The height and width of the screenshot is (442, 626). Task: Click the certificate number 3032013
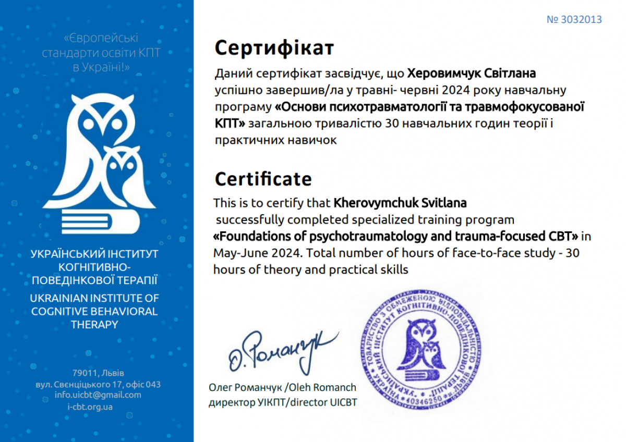574,20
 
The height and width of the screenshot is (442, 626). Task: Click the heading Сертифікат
274,48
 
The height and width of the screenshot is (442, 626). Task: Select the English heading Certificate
263,179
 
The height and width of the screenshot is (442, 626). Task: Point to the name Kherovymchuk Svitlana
400,202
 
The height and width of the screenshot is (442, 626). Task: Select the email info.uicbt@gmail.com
98,395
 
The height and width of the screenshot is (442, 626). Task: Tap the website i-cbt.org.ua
90,407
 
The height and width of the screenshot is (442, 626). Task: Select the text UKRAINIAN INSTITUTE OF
94,298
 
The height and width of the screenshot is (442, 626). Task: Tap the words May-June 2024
255,253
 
